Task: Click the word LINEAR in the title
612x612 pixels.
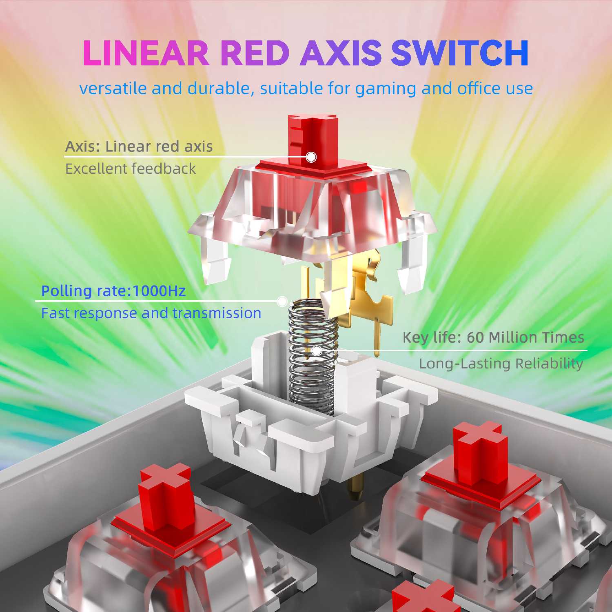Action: (146, 53)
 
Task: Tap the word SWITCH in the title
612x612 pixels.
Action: (460, 53)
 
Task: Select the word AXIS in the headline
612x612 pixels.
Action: (341, 53)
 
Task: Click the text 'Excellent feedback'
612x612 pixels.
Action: (131, 169)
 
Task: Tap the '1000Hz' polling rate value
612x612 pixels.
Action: (159, 291)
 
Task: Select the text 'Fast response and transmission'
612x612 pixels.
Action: (151, 313)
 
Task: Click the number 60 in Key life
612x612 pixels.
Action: (475, 337)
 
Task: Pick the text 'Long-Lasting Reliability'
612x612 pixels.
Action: (501, 364)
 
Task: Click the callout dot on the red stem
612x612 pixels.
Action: (311, 157)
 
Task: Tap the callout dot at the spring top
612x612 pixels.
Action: (282, 302)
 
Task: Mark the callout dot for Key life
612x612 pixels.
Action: (317, 350)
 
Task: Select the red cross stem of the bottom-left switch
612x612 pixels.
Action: (165, 496)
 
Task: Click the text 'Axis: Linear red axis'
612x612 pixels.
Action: (139, 146)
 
